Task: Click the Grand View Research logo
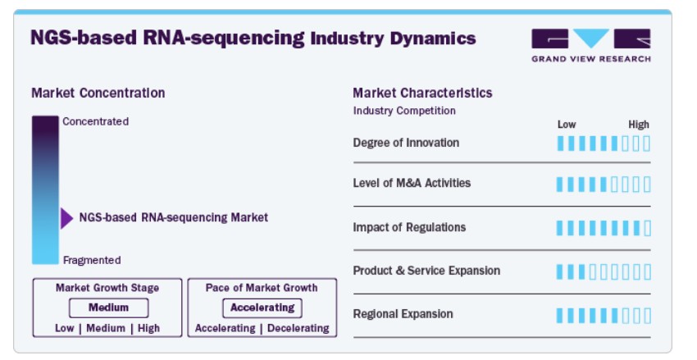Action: (x=591, y=45)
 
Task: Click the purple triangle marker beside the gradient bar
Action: (x=66, y=218)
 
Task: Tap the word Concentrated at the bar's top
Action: (x=96, y=121)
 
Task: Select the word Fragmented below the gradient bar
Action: (x=92, y=260)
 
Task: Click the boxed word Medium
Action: (x=108, y=308)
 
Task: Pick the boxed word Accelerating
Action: (x=262, y=308)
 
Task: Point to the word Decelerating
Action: (x=298, y=329)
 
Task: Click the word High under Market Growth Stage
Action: (x=148, y=329)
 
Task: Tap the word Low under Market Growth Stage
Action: (x=65, y=329)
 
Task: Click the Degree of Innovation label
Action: (x=406, y=143)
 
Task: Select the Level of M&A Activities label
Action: (x=412, y=183)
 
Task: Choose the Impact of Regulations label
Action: (x=409, y=227)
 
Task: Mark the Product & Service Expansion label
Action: (x=426, y=271)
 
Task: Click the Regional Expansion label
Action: (x=403, y=314)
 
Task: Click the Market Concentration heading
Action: (x=98, y=93)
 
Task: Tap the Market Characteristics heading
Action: (x=422, y=93)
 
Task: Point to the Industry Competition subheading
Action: (x=404, y=111)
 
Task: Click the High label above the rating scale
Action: (x=639, y=125)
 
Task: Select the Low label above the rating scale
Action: (x=567, y=125)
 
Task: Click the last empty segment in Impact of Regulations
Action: (x=647, y=228)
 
